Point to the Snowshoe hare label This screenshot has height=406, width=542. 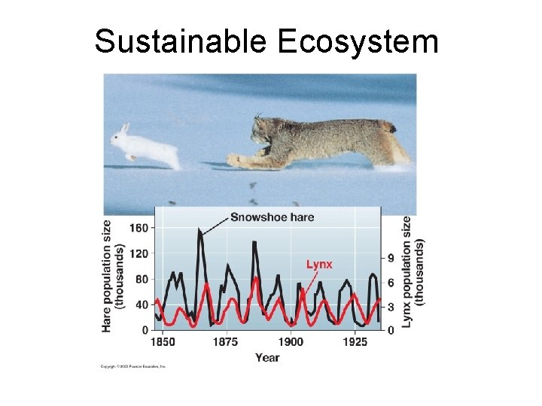tap(272, 217)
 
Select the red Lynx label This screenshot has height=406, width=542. tap(318, 265)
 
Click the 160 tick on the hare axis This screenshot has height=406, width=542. tap(139, 228)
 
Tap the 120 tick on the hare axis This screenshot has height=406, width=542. tap(139, 253)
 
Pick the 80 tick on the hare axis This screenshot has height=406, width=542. tap(142, 280)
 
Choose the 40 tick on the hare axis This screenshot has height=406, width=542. tap(142, 305)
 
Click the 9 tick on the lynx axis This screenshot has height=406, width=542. tap(389, 258)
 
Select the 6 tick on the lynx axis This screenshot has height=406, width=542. tap(389, 282)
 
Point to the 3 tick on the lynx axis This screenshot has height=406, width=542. tap(389, 306)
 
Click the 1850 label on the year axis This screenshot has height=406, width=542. tap(163, 342)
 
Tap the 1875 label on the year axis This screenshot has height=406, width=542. tap(226, 342)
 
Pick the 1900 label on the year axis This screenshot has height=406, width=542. tap(291, 342)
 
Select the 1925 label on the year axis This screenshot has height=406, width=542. tap(354, 342)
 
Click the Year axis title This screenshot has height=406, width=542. tap(266, 357)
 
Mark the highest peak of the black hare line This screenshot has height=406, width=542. tap(199, 230)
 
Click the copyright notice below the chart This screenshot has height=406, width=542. tap(133, 367)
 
